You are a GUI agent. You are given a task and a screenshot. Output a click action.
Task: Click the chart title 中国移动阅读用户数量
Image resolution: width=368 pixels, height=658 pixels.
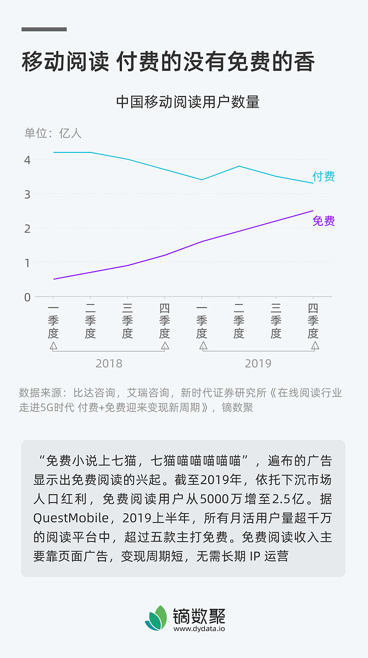187,102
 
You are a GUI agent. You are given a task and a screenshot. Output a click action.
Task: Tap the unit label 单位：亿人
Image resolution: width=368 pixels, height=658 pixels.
53,133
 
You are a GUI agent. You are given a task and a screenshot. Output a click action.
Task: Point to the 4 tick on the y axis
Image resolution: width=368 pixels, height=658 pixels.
27,160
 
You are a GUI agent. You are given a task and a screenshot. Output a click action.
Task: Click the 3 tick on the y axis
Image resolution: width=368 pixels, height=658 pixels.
27,194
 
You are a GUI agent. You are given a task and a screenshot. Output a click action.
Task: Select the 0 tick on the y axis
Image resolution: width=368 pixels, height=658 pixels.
27,297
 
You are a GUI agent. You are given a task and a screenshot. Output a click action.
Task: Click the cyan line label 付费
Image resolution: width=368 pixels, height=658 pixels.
324,177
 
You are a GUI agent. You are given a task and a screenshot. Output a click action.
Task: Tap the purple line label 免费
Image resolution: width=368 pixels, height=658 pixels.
324,221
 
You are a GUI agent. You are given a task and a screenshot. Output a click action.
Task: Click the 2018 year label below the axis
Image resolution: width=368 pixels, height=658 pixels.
109,364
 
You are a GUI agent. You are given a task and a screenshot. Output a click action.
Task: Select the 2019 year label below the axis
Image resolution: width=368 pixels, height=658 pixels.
258,364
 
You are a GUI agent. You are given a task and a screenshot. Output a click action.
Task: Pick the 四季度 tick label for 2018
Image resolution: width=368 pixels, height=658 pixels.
165,321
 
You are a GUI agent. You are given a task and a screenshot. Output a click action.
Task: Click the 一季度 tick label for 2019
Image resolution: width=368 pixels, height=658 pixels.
202,321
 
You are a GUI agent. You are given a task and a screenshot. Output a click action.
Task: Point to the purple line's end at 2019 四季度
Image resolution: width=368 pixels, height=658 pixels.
313,211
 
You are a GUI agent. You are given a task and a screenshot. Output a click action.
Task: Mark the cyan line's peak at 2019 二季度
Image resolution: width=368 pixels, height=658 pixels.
239,166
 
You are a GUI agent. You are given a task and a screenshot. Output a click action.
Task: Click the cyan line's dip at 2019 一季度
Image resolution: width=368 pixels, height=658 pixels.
202,179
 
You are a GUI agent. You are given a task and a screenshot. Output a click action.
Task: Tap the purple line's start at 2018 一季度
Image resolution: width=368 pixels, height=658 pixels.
53,279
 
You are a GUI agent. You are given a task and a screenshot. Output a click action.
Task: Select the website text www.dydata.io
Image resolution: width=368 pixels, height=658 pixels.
199,629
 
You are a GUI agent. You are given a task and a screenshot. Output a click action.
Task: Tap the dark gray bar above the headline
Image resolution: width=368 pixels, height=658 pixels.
44,29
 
